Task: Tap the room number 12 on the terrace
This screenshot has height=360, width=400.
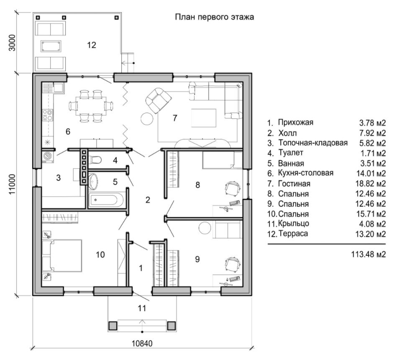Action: coord(92,45)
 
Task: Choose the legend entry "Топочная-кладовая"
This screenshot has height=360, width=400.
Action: coord(313,143)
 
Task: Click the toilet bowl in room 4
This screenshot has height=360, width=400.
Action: coord(95,160)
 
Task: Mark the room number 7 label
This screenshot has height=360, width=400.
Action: coord(175,118)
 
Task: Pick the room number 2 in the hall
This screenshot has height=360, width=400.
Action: coord(147,200)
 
